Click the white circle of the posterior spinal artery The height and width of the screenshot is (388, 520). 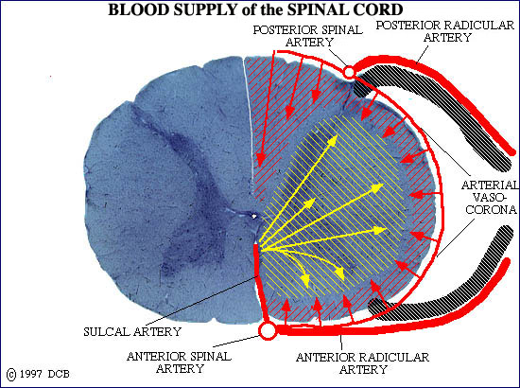coord(349,72)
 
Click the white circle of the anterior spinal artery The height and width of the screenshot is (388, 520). coord(268,330)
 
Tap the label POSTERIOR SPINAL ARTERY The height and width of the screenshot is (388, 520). coord(308,36)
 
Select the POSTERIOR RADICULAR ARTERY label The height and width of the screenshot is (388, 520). coord(445,31)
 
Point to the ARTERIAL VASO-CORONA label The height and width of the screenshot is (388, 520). coord(490,197)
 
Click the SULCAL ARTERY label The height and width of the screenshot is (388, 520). coord(132,331)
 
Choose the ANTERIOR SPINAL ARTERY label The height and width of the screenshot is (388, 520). coord(179,362)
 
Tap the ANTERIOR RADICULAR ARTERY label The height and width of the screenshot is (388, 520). coord(362,363)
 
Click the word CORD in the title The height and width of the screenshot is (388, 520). coord(380,9)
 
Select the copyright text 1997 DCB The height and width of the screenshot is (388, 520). coord(44,374)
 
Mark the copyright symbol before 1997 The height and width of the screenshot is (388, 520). coord(11,375)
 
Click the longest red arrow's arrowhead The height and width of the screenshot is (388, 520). coord(260,160)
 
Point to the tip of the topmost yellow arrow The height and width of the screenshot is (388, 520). coord(338,134)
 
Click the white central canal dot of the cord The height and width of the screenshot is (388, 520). coord(254,217)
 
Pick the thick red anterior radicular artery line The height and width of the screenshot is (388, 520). coord(391,326)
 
